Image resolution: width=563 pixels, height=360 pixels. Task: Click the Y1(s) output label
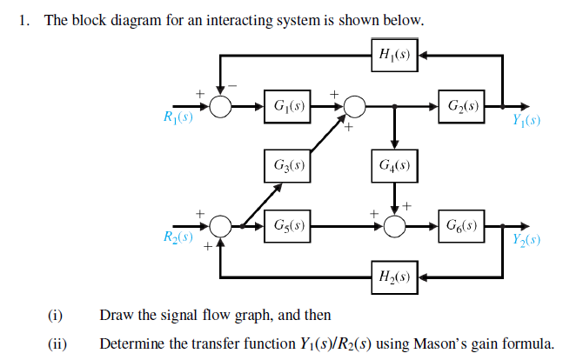tap(526, 120)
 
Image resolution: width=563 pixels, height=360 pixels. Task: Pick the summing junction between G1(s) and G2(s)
tap(353, 107)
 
